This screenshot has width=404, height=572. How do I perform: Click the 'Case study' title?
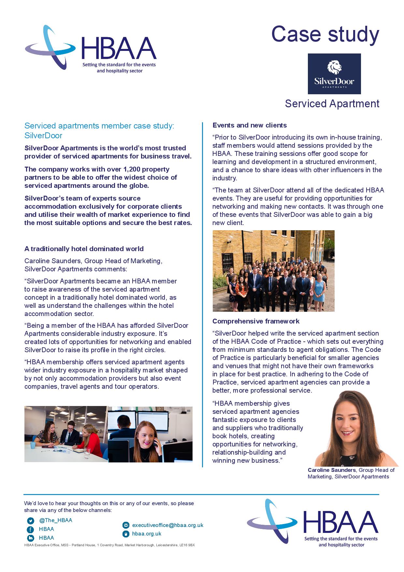tap(325, 34)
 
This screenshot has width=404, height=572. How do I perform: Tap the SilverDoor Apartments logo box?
tap(334, 74)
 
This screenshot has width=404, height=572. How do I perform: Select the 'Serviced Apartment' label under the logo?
tap(332, 104)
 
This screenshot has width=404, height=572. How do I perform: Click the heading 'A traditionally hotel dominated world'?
tap(84, 249)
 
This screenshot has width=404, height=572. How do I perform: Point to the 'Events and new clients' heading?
tap(250, 125)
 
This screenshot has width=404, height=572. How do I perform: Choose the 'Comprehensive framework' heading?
tap(256, 321)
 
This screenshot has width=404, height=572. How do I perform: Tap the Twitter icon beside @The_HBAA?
tap(30, 520)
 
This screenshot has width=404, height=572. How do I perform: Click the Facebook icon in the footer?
tap(30, 529)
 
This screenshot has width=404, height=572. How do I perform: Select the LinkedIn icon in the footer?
tap(30, 538)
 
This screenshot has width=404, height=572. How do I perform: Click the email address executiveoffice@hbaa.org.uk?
tap(168, 525)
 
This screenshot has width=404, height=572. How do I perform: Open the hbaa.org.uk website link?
tap(147, 534)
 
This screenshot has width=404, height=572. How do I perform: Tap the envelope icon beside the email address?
tap(126, 525)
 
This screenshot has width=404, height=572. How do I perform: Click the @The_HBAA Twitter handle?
tap(56, 520)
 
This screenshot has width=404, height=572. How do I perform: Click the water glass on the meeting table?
tap(87, 453)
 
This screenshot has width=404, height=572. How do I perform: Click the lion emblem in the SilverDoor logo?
tap(334, 68)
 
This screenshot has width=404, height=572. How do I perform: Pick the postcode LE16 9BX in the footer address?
tap(187, 545)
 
